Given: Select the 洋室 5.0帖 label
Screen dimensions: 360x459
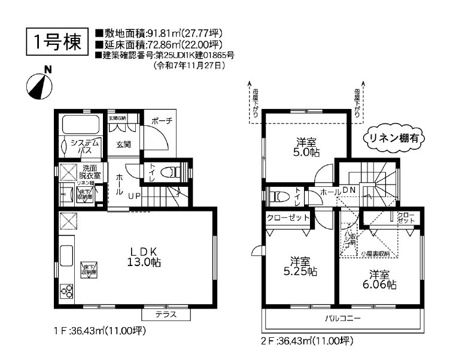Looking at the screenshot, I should tap(306, 147).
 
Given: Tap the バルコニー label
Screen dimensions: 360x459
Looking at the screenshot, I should tap(343, 319).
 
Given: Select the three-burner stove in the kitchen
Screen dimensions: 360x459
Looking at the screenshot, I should tap(66, 292).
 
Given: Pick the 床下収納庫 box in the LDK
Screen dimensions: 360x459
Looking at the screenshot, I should tap(90, 269).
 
